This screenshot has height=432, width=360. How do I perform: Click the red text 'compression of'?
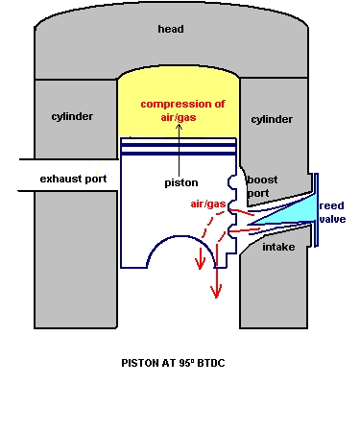click(x=180, y=104)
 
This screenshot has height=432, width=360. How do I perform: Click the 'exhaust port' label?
click(x=73, y=180)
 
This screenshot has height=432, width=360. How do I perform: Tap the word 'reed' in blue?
click(x=332, y=205)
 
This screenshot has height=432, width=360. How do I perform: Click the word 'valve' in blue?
click(x=333, y=219)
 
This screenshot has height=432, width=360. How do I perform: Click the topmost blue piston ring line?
click(x=179, y=140)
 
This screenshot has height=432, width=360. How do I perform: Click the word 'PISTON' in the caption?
click(x=141, y=364)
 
